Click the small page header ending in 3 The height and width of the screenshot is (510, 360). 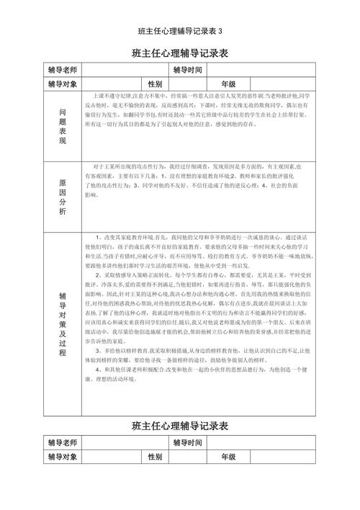click(x=180, y=32)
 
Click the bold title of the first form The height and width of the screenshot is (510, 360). click(x=180, y=53)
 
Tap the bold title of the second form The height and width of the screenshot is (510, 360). click(x=180, y=426)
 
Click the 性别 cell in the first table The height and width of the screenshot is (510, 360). click(x=156, y=84)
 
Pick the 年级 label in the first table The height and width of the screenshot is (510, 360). click(x=228, y=84)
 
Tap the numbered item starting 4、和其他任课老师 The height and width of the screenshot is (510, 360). click(x=198, y=373)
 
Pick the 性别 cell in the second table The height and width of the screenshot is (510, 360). click(x=156, y=457)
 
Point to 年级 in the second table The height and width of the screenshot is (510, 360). click(x=228, y=457)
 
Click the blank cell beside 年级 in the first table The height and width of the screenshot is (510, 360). click(x=280, y=84)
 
